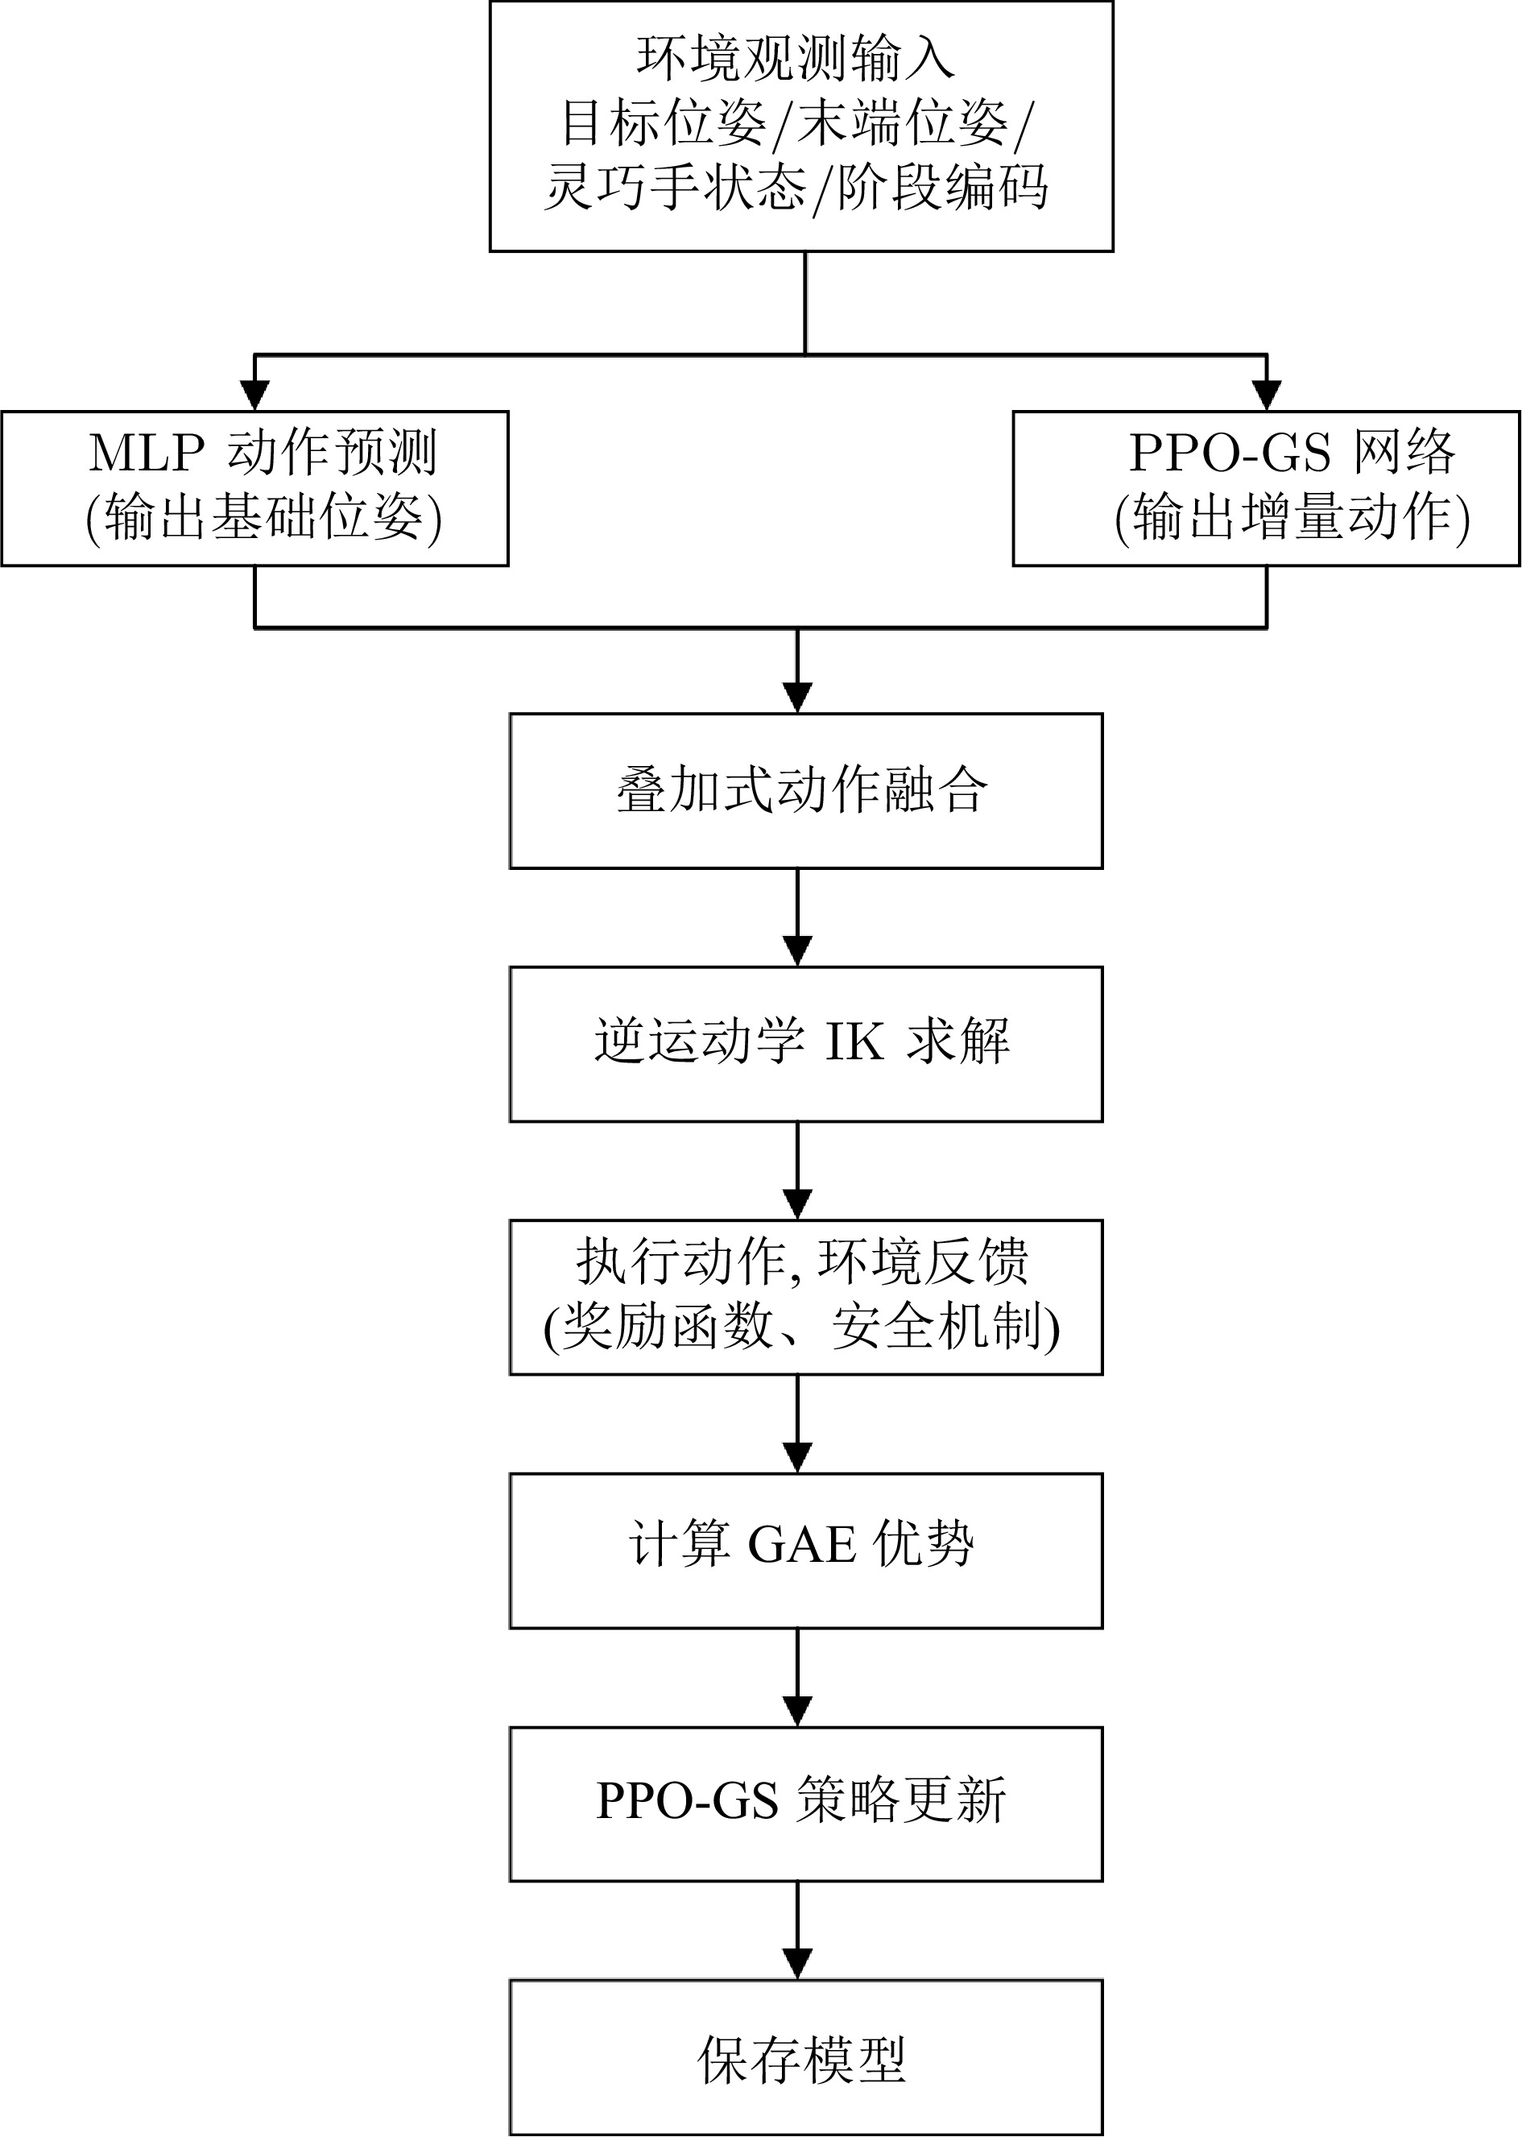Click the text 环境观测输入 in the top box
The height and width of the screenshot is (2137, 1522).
point(796,58)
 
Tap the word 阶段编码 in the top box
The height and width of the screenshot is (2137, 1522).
point(942,188)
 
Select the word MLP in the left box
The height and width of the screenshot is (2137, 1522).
point(147,453)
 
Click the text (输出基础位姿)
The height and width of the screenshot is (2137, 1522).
point(263,517)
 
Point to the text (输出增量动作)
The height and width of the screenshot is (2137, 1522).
point(1292,517)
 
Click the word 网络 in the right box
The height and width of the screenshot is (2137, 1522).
point(1404,453)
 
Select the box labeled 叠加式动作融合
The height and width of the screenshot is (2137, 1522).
point(805,791)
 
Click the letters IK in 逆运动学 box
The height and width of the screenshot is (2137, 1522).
point(854,1042)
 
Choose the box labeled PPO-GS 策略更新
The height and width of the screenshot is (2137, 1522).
point(805,1801)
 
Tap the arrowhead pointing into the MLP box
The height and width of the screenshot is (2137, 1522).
point(255,395)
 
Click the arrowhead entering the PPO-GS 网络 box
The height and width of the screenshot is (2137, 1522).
point(1266,395)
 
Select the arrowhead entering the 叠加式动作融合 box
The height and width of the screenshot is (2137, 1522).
point(796,697)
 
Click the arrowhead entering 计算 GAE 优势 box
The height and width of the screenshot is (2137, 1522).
point(796,1456)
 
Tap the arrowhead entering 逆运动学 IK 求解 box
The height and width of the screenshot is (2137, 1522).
point(796,950)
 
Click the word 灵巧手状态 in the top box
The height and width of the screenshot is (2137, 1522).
point(676,188)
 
